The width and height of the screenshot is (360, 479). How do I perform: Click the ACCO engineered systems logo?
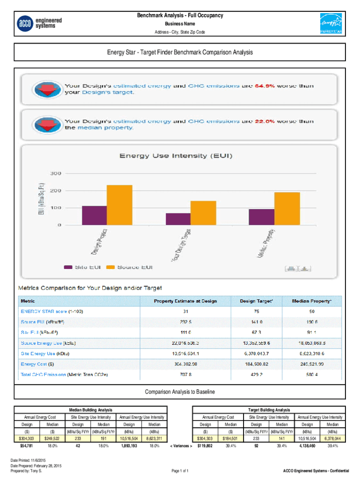39,23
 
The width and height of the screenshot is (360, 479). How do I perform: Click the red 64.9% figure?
263,86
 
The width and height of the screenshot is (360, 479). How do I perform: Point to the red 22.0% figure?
263,122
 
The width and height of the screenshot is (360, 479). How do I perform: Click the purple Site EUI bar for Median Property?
261,217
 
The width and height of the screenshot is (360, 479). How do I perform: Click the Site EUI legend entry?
78,268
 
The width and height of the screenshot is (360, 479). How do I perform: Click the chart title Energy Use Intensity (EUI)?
176,155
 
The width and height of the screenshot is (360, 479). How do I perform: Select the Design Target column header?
257,301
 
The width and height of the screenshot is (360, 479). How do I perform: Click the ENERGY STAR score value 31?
186,312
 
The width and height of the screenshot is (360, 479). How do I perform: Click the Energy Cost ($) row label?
37,364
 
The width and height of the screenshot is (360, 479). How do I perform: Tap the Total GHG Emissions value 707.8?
186,375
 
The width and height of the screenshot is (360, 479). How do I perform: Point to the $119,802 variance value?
205,446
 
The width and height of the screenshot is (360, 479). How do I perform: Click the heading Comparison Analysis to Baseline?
180,392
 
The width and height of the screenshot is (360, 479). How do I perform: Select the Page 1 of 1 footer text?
180,470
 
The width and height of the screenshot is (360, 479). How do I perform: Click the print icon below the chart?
291,268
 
